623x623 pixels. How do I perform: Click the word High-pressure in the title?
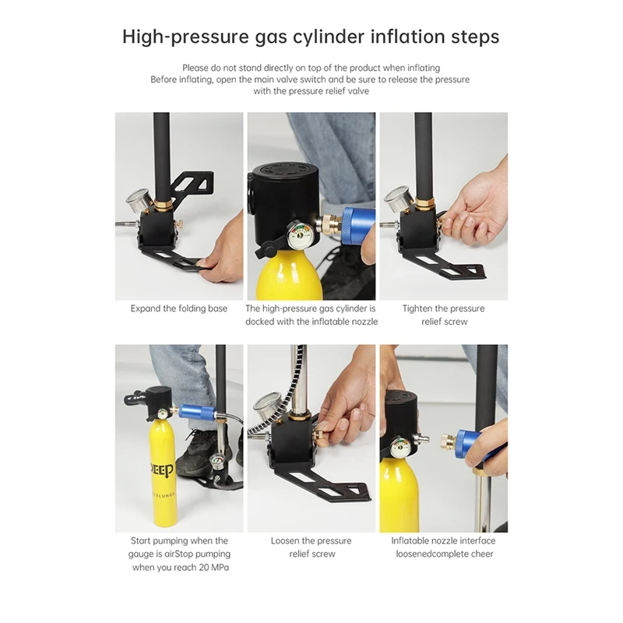[185, 37]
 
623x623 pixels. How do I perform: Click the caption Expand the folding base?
[179, 308]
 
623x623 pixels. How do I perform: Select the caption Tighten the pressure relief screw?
[444, 315]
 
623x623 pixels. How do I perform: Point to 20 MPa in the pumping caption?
[213, 568]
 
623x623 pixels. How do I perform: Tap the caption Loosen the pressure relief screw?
[311, 547]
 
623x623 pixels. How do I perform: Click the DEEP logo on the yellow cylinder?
[162, 471]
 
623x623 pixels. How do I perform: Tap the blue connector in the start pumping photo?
[196, 411]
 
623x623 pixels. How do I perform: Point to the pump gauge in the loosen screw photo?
[268, 407]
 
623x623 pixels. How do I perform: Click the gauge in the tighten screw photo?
[398, 199]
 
